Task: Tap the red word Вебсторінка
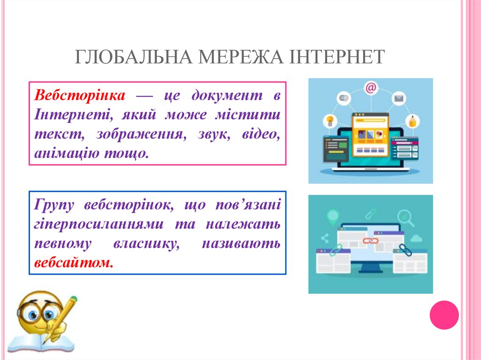[80, 96]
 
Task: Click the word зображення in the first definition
[140, 134]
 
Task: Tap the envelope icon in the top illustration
[399, 99]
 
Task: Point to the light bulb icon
[330, 120]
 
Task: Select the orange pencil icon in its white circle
[413, 121]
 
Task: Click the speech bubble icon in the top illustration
[343, 99]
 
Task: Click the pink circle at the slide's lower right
[444, 314]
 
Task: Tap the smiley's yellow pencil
[61, 319]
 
